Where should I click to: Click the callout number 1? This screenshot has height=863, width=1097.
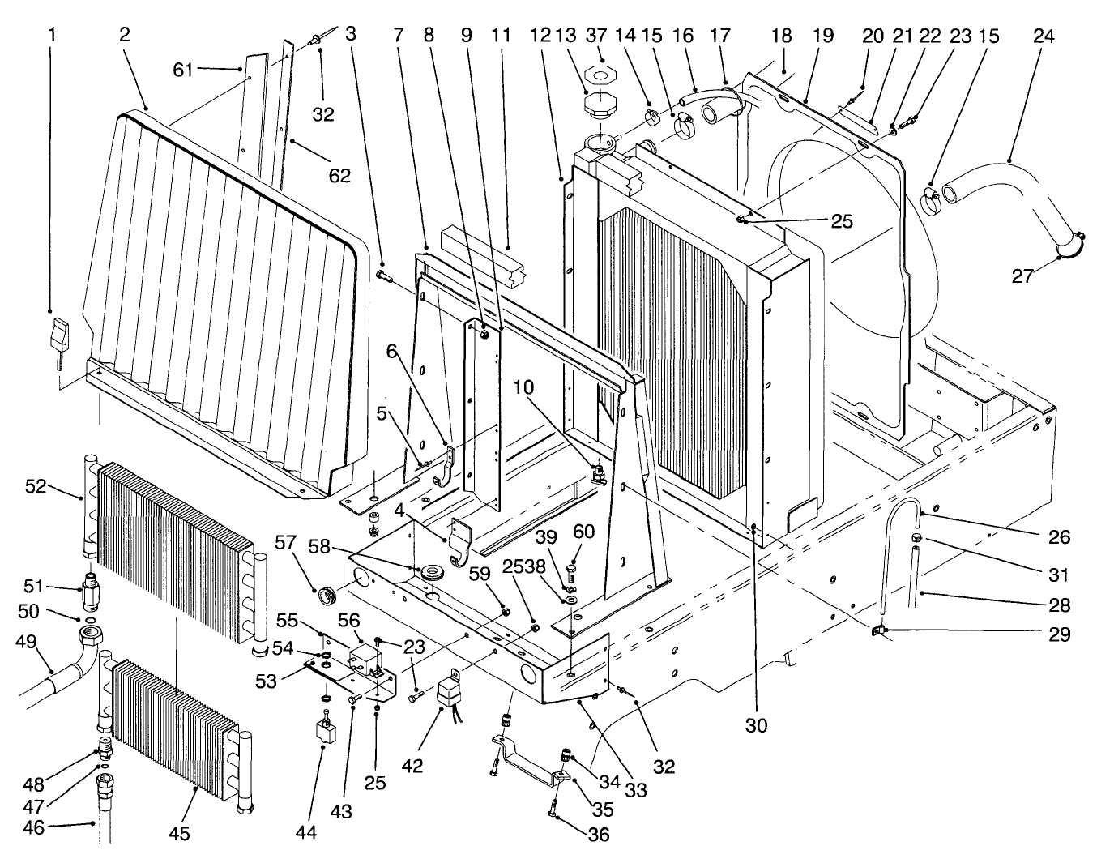[53, 35]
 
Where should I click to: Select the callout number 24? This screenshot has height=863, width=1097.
[1044, 36]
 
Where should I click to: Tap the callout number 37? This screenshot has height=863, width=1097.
[601, 36]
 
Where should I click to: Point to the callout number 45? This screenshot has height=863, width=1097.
[179, 833]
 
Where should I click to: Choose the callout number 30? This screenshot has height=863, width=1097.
[756, 726]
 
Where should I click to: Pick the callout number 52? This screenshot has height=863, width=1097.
[36, 486]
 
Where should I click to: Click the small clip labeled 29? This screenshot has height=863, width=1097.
[877, 630]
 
